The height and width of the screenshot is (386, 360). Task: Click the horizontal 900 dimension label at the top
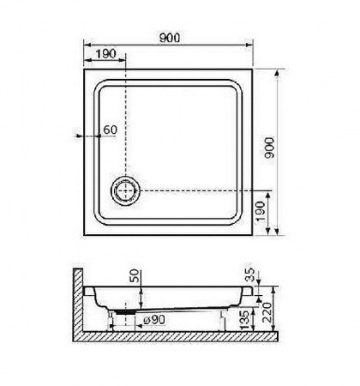(x=170, y=38)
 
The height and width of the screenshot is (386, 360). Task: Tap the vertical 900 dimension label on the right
(x=269, y=148)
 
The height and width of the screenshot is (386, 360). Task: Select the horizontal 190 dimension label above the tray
(x=105, y=54)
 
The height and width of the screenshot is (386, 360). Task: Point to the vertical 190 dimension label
(x=261, y=211)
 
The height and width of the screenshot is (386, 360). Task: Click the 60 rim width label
(x=111, y=130)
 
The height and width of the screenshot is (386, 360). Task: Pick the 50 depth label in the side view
(x=135, y=275)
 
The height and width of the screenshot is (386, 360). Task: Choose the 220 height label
(x=267, y=312)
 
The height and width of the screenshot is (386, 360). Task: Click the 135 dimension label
(x=245, y=320)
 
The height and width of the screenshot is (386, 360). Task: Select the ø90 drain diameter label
(x=154, y=320)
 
